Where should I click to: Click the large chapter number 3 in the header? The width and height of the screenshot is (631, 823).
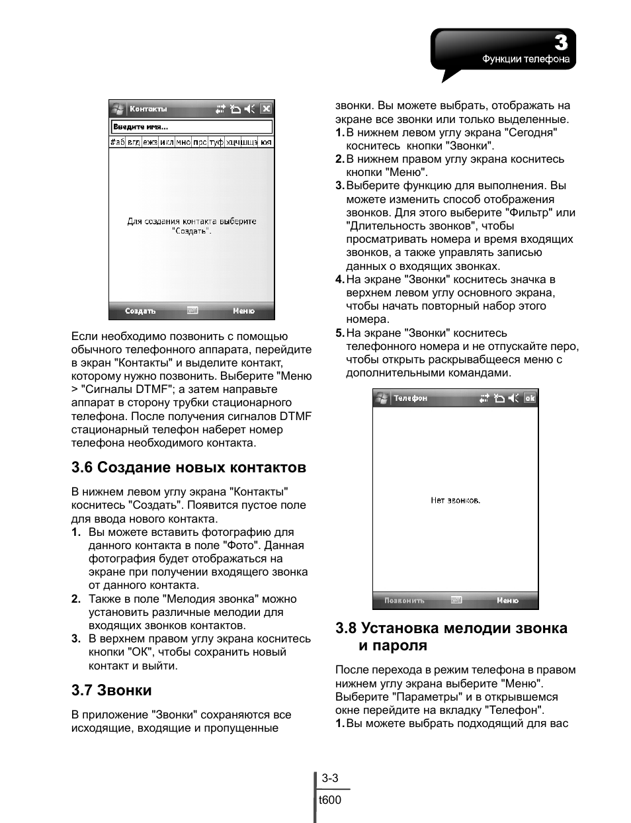click(560, 43)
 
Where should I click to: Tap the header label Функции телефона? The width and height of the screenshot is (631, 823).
click(526, 60)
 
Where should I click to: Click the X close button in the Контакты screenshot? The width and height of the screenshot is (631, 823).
click(266, 109)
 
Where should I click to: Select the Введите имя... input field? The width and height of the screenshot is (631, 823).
click(192, 127)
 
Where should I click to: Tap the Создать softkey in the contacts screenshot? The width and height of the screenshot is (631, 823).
click(140, 311)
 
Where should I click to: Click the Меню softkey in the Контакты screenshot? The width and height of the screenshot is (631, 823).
click(243, 311)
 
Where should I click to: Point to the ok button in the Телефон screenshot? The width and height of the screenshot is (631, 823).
click(530, 398)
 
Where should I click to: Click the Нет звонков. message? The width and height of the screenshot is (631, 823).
click(455, 500)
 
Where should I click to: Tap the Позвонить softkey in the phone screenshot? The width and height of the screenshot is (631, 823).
click(404, 601)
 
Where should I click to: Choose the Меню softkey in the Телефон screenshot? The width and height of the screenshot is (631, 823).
click(507, 601)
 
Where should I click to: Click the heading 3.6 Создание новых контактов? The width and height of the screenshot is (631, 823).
click(189, 468)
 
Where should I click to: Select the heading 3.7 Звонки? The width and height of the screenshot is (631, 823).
click(112, 691)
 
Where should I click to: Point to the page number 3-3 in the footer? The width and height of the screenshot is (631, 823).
click(330, 779)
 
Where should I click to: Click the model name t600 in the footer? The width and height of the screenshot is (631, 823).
click(330, 800)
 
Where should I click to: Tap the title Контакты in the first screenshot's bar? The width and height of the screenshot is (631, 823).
click(148, 109)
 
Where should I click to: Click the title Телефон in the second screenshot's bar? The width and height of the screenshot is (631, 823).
click(410, 398)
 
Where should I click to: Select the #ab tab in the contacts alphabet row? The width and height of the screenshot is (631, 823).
click(117, 142)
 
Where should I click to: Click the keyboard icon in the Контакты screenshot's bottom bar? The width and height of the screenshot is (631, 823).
click(192, 310)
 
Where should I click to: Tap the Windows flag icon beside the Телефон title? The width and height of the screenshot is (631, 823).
click(382, 398)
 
